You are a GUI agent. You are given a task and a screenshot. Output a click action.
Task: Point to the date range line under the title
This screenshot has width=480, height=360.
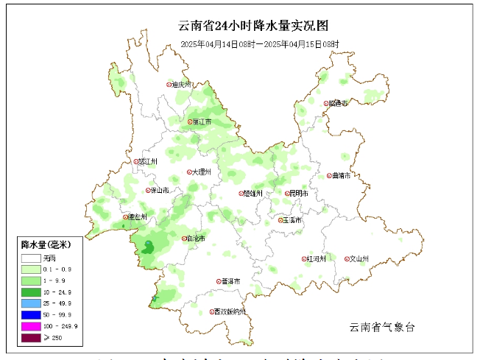260,44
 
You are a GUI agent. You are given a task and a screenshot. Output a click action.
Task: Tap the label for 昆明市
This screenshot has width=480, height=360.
299,194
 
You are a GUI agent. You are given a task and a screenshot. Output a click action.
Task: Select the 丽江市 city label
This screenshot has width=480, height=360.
201,121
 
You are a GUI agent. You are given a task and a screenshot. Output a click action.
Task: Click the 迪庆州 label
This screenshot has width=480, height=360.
181,85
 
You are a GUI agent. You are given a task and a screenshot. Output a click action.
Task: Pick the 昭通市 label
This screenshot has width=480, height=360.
339,103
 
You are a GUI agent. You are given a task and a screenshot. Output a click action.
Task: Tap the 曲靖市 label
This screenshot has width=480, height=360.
342,176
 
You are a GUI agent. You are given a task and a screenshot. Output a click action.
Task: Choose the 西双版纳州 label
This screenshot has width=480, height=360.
231,311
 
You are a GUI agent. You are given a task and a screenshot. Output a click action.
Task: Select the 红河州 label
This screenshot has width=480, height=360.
315,258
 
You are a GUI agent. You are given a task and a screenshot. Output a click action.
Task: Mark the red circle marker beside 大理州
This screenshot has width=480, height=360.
190,172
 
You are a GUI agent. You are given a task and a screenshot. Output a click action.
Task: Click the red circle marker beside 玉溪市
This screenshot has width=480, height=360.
280,219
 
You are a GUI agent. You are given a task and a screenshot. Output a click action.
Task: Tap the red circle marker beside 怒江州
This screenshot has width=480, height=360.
135,161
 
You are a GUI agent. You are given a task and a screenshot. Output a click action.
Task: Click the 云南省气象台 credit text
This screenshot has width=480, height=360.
383,326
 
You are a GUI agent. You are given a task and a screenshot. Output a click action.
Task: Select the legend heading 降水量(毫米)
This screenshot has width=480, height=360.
46,244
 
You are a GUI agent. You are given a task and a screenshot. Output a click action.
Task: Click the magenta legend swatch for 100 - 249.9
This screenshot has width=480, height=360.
30,325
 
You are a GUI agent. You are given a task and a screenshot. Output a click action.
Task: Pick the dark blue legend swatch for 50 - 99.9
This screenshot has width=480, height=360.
30,314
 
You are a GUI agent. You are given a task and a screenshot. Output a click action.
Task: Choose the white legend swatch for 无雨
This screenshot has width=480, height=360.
30,258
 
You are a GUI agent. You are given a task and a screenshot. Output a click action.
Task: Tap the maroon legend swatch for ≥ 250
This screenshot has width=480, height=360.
30,337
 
